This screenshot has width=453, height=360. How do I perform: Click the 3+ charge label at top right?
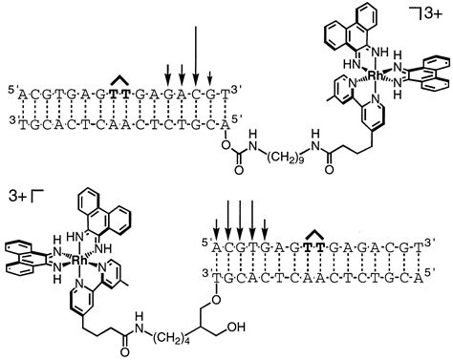tap(437, 13)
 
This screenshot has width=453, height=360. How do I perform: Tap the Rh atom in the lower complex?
tap(84, 259)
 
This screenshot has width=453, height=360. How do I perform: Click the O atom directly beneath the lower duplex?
tap(217, 294)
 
